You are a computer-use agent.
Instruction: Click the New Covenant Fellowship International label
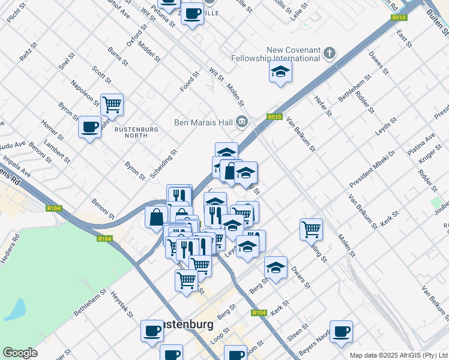(277, 54)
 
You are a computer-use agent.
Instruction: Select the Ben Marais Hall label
(203, 122)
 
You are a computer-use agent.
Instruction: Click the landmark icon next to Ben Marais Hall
(242, 122)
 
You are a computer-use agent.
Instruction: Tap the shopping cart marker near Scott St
(112, 105)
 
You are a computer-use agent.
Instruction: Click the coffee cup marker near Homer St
(89, 127)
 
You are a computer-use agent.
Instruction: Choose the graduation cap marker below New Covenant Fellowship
(280, 72)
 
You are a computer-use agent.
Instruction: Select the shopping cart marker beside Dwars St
(311, 229)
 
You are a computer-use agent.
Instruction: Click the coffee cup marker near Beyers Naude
(341, 331)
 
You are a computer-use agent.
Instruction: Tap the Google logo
(20, 353)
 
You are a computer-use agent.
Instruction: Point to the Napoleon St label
(84, 94)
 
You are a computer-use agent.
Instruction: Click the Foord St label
(189, 82)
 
